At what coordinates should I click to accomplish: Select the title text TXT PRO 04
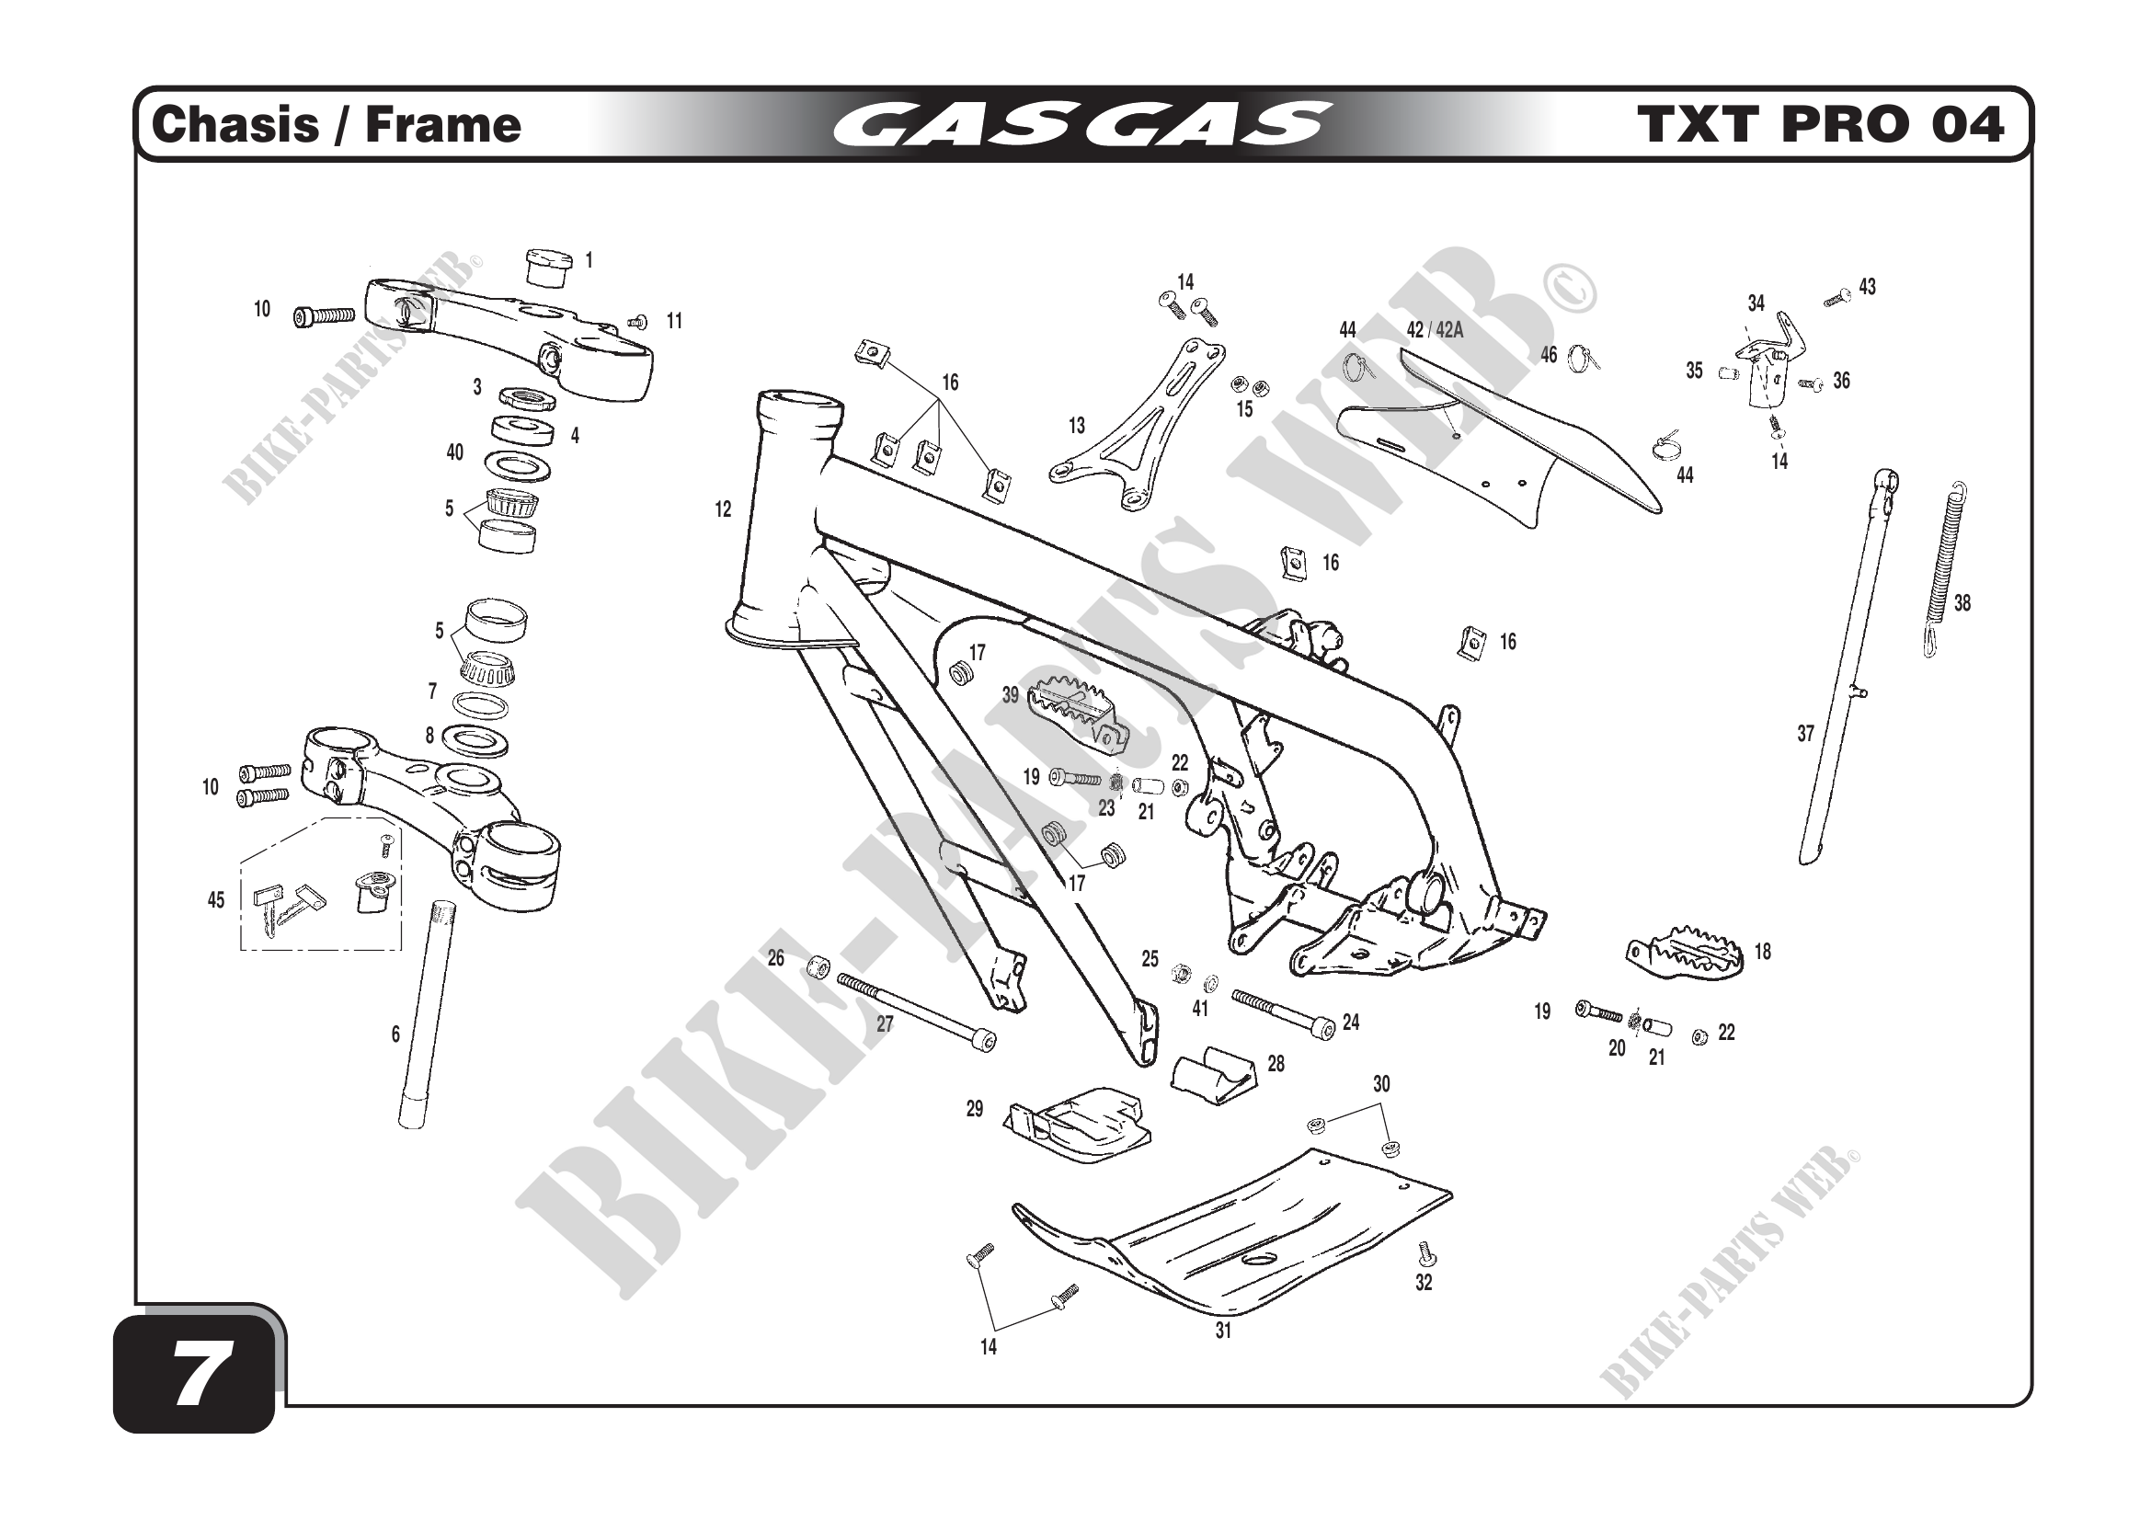(1819, 124)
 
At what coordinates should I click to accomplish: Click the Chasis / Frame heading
(336, 124)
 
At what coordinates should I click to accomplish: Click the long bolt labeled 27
(913, 1011)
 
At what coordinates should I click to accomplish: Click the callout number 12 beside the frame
(722, 509)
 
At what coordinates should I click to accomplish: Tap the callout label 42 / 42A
(1435, 330)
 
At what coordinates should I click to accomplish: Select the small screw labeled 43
(1837, 298)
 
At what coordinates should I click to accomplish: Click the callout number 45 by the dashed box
(215, 900)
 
